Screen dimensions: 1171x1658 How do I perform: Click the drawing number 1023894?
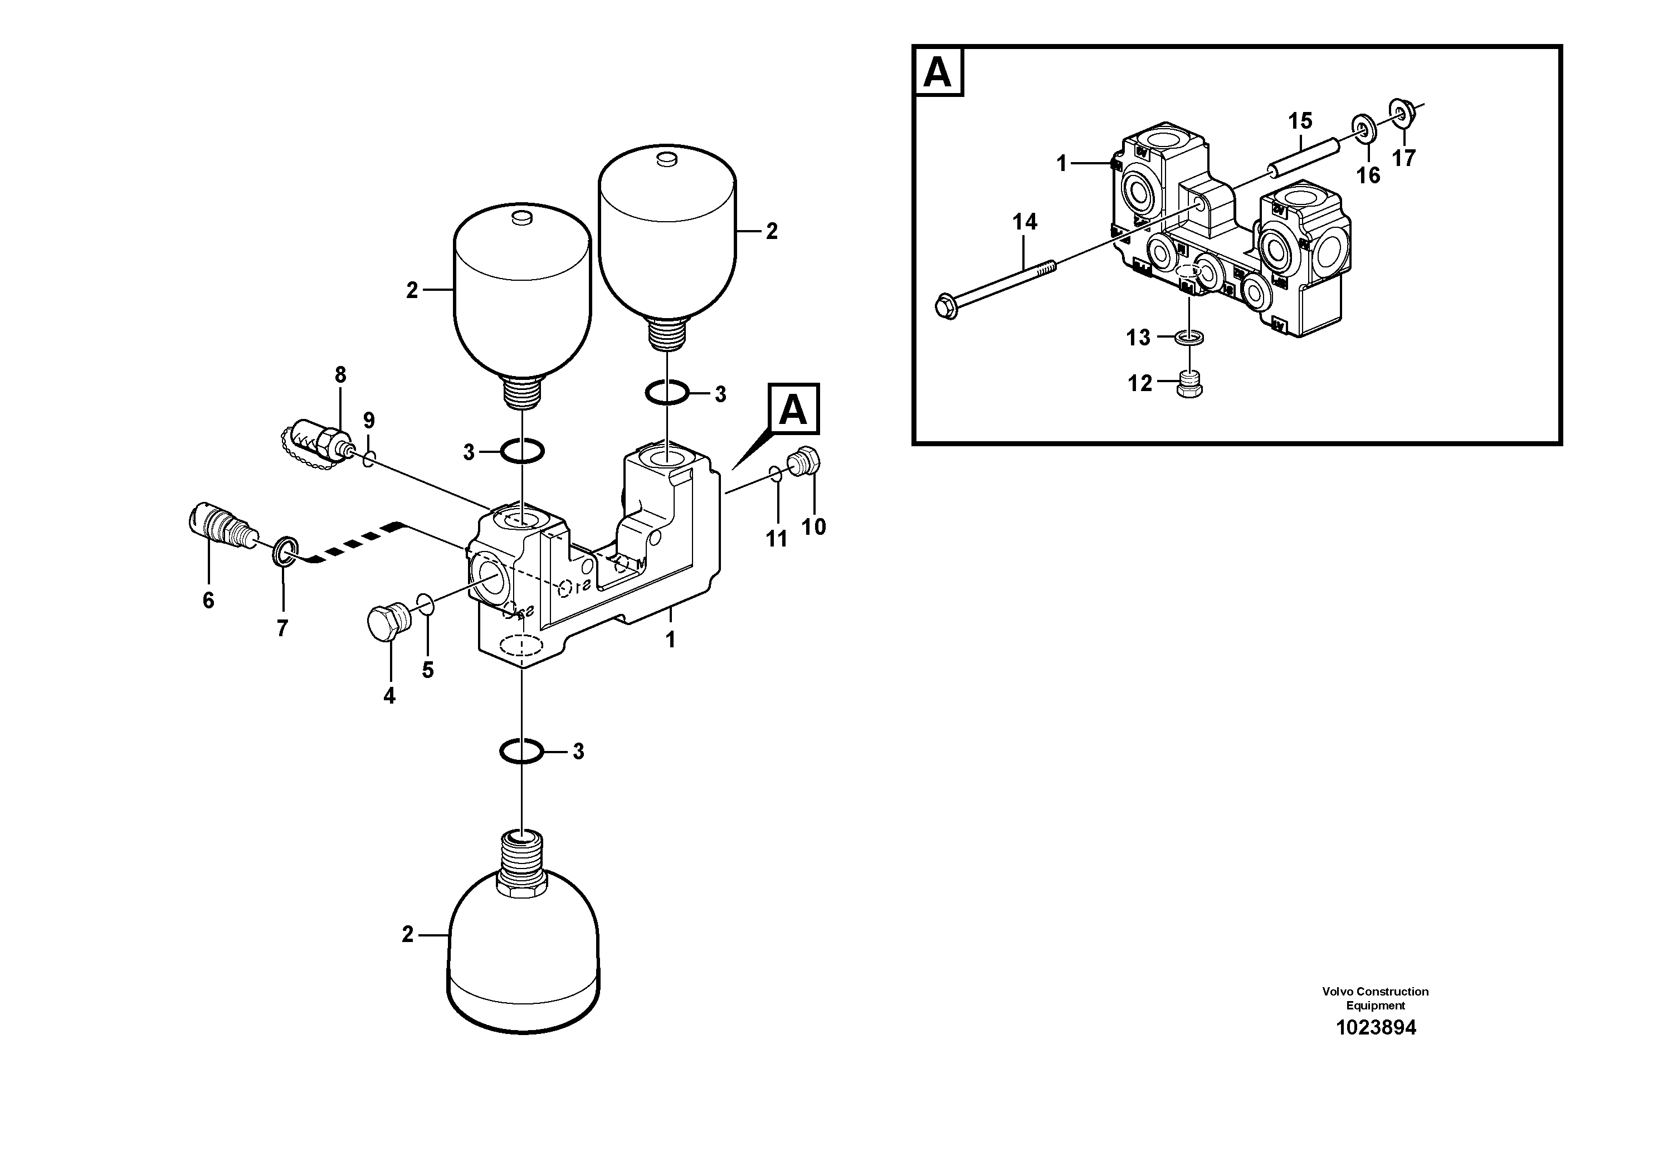1376,1027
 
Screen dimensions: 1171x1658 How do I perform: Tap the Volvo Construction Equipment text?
1375,998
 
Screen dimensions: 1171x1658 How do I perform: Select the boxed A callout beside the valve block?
793,409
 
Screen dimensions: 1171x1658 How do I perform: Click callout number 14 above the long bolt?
1024,222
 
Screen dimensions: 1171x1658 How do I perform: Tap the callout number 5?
427,670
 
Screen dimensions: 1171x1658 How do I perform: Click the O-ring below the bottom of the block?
521,752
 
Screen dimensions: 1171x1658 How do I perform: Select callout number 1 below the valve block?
670,640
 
